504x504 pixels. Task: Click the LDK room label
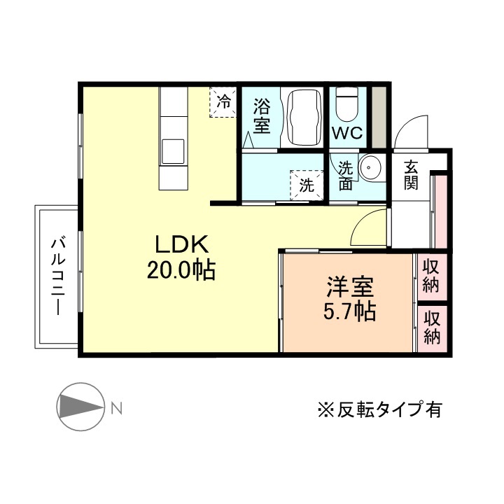(x=181, y=245)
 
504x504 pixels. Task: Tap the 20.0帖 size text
(x=181, y=270)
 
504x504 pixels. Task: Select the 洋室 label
(x=350, y=287)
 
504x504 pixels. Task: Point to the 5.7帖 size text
(x=349, y=311)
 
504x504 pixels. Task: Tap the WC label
(x=347, y=133)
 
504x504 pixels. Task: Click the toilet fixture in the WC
(x=347, y=105)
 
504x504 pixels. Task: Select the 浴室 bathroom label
(x=261, y=116)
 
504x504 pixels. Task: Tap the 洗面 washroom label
(x=345, y=176)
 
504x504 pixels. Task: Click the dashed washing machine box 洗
(x=306, y=186)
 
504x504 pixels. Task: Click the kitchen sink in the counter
(x=172, y=150)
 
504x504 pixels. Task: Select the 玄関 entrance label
(x=411, y=176)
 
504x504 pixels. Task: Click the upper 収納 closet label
(x=432, y=275)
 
